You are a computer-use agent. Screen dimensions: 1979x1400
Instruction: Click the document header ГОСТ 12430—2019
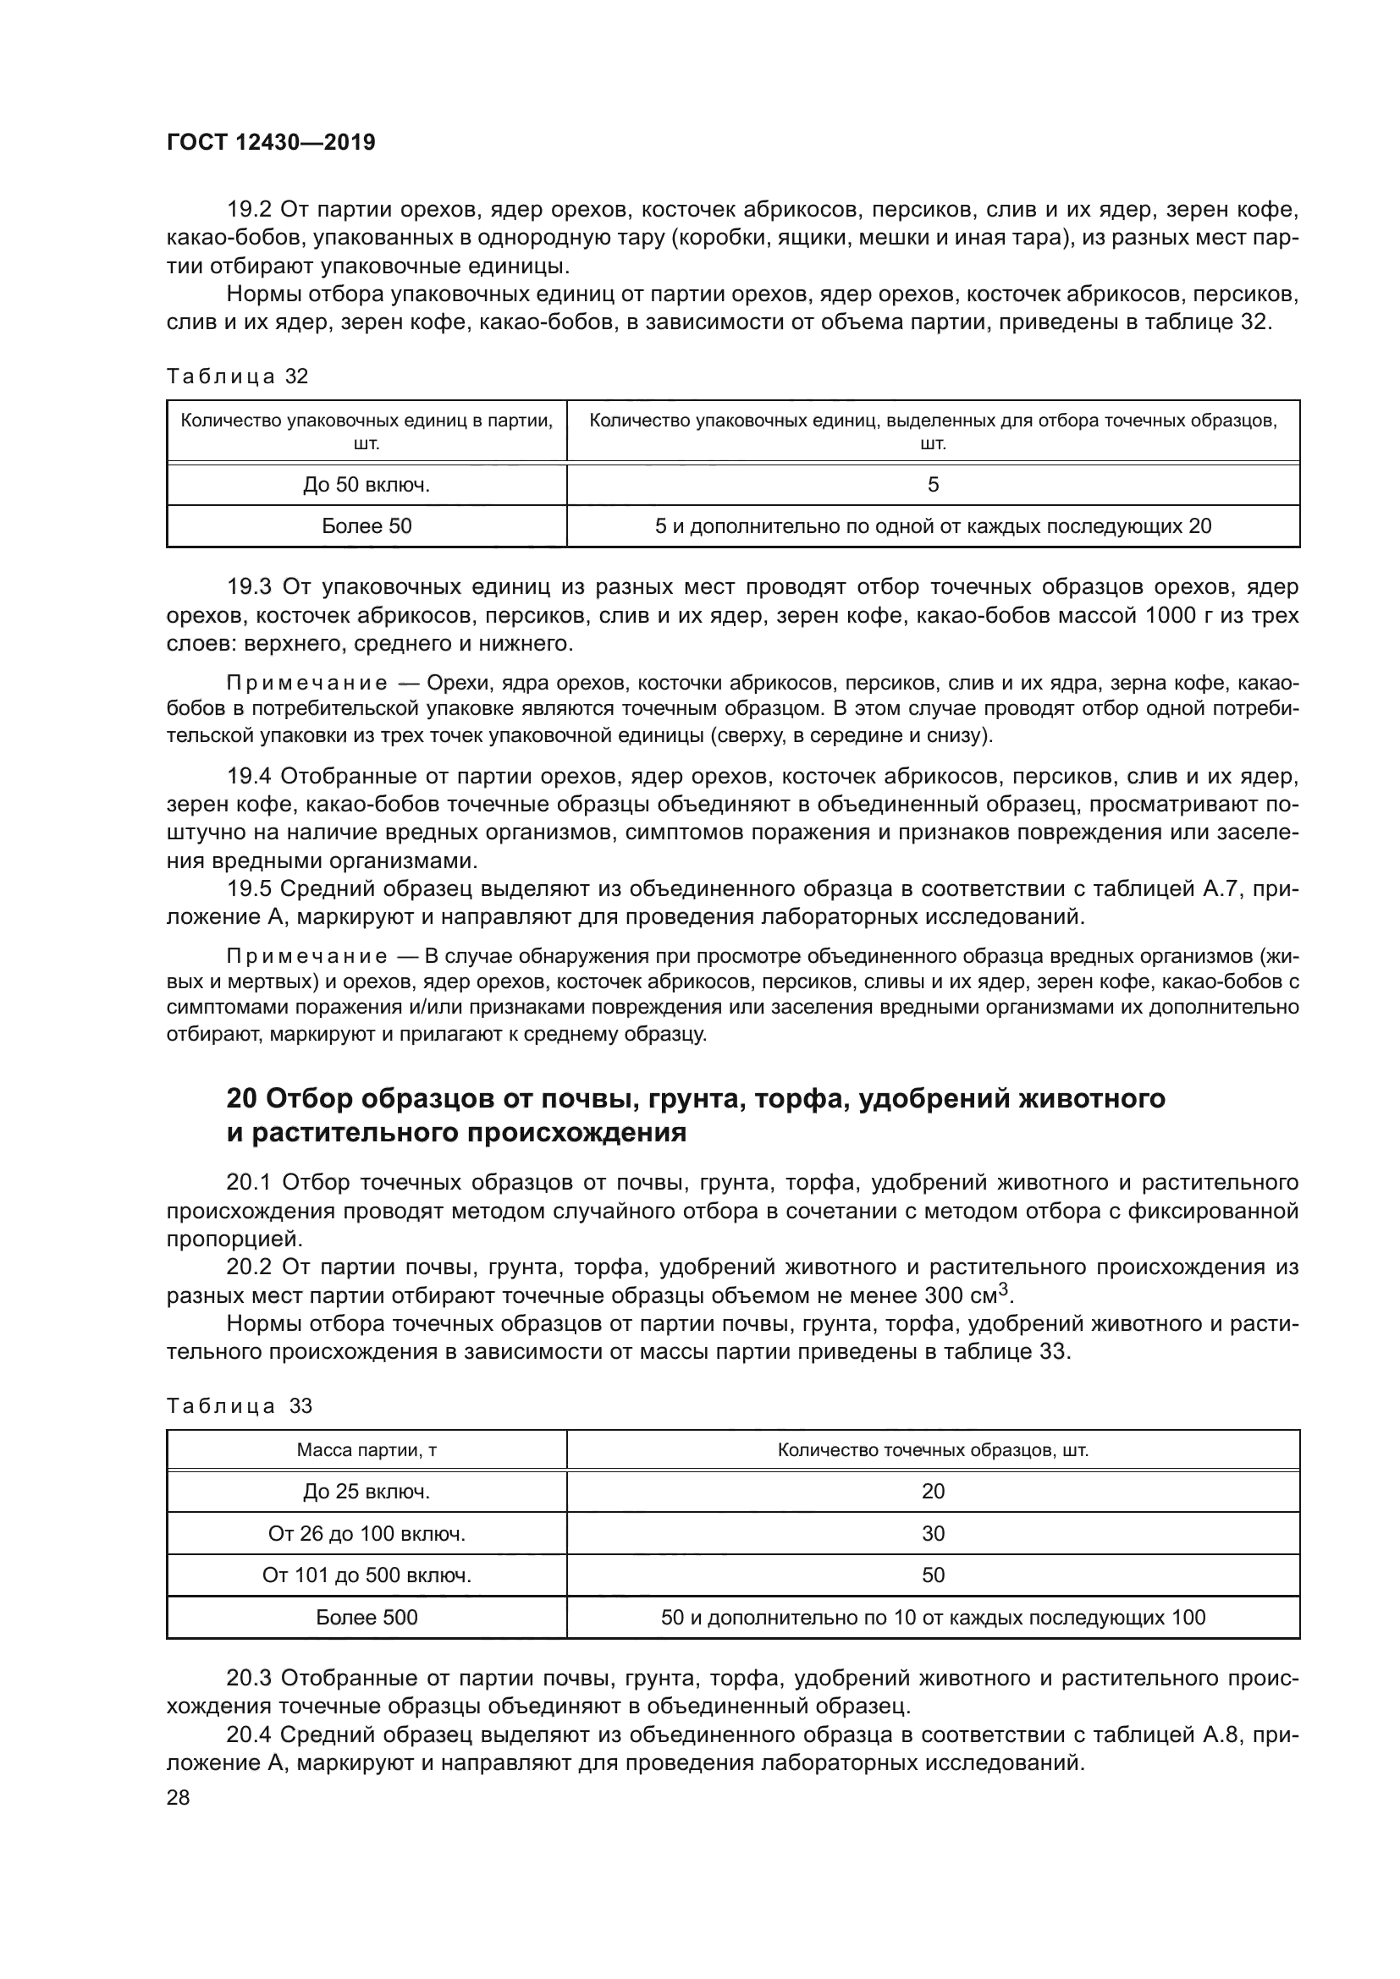[271, 143]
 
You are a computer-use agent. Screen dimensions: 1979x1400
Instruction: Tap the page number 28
[178, 1797]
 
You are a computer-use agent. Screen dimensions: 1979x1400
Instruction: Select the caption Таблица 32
[237, 377]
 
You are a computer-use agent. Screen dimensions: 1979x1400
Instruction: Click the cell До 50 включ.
[367, 486]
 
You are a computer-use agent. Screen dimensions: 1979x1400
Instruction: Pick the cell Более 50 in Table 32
[367, 525]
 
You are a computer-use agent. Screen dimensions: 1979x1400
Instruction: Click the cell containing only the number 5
[933, 486]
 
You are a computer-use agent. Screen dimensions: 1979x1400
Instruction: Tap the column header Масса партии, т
[367, 1450]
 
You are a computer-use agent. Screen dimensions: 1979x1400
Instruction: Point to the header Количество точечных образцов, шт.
[933, 1450]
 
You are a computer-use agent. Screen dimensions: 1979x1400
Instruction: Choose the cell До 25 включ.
[367, 1491]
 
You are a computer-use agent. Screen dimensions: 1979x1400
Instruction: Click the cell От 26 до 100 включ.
[367, 1533]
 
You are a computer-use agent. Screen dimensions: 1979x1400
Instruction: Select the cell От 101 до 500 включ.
[367, 1575]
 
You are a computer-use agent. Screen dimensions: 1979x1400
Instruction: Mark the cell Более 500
[367, 1617]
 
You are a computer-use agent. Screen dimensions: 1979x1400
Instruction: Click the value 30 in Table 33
[933, 1533]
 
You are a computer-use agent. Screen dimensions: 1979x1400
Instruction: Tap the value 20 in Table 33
[933, 1491]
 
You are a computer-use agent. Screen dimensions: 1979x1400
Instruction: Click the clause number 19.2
[249, 211]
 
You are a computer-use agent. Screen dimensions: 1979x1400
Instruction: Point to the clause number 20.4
[249, 1735]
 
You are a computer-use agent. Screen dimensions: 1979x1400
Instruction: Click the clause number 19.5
[249, 888]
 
